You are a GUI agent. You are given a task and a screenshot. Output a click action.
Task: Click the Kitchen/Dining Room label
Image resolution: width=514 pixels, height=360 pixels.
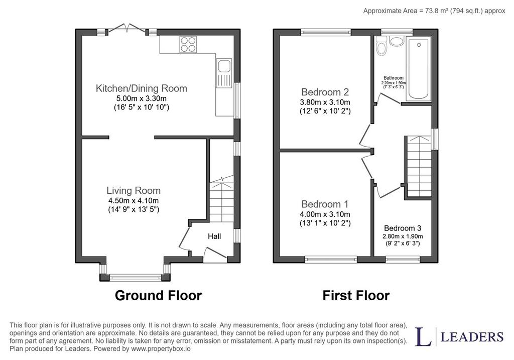click(x=141, y=88)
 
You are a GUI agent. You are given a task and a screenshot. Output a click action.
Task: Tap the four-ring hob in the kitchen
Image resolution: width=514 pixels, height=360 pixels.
click(x=188, y=44)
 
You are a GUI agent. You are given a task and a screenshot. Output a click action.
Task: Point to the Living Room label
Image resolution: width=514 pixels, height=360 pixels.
click(x=134, y=190)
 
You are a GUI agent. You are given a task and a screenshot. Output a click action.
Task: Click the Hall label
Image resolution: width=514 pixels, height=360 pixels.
click(x=214, y=236)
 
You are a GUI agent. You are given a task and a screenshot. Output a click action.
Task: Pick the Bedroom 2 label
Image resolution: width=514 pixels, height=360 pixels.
click(x=325, y=92)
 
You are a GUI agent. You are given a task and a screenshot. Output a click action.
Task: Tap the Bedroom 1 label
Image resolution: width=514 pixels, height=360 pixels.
click(x=325, y=204)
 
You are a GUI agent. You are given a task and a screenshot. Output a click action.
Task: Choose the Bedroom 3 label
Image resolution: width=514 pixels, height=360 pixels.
click(x=403, y=228)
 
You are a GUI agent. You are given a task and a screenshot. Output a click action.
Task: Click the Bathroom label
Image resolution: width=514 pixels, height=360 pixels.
click(x=394, y=78)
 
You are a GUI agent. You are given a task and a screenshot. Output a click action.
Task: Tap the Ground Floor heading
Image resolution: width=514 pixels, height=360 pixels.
click(x=158, y=295)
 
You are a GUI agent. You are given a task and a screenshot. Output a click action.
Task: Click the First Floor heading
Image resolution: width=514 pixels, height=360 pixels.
click(x=356, y=295)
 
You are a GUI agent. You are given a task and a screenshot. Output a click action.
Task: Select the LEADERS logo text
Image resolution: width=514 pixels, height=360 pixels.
click(x=472, y=337)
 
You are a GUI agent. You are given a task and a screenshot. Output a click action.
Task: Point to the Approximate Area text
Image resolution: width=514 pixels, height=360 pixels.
click(x=434, y=11)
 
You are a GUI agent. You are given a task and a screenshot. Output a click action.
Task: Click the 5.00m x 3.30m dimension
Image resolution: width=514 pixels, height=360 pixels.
click(x=141, y=98)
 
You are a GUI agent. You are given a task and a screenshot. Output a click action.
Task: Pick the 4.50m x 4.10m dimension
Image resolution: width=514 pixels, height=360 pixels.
click(x=134, y=201)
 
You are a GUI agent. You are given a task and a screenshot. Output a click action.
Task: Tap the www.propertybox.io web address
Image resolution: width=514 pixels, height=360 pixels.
click(x=161, y=349)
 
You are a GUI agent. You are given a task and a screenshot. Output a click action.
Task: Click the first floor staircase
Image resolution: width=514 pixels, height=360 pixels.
click(x=419, y=166)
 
